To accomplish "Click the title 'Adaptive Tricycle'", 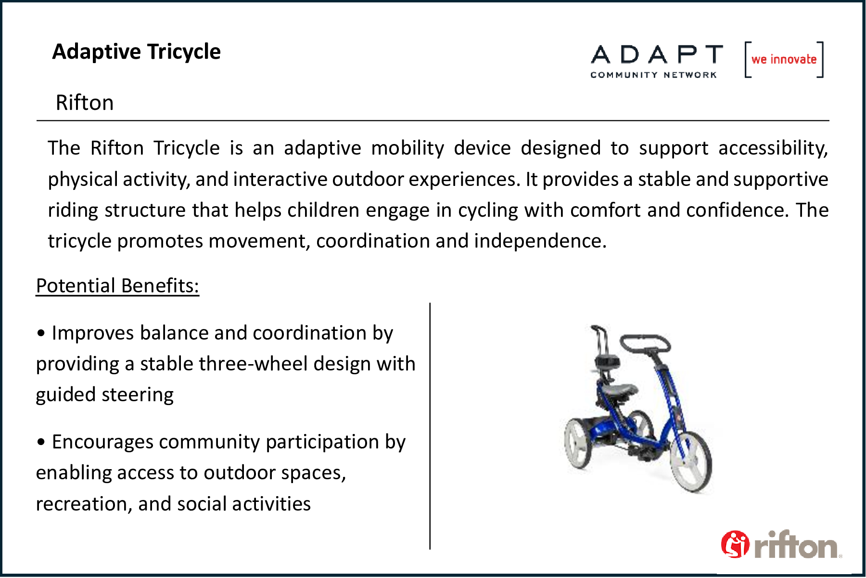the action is pyautogui.click(x=136, y=52).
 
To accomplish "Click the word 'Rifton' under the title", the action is pyautogui.click(x=85, y=103).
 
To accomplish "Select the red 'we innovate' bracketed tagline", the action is pyautogui.click(x=784, y=60).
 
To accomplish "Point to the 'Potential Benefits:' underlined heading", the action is pyautogui.click(x=117, y=286).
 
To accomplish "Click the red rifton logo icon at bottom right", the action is pyautogui.click(x=735, y=544).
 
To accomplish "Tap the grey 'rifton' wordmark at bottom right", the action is pyautogui.click(x=796, y=545).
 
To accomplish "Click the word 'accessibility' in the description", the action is pyautogui.click(x=773, y=148).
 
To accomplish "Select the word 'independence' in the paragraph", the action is pyautogui.click(x=540, y=241).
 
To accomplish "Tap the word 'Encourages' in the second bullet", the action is pyautogui.click(x=102, y=442).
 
